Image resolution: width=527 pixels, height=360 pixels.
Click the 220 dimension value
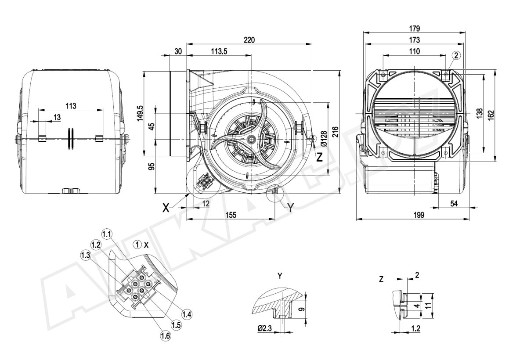click(249, 40)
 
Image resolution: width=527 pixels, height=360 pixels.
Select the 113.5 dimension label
click(219, 51)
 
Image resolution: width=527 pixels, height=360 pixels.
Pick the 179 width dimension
click(414, 29)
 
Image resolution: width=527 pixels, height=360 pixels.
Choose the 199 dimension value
click(419, 215)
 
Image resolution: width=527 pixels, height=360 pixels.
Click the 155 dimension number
click(231, 215)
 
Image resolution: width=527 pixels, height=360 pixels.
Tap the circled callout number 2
click(456, 55)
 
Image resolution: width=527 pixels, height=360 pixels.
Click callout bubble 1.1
click(107, 233)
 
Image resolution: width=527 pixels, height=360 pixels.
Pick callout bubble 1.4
click(187, 314)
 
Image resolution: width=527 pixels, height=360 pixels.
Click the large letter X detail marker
click(166, 208)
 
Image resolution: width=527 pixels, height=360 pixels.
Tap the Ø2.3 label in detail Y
click(265, 328)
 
